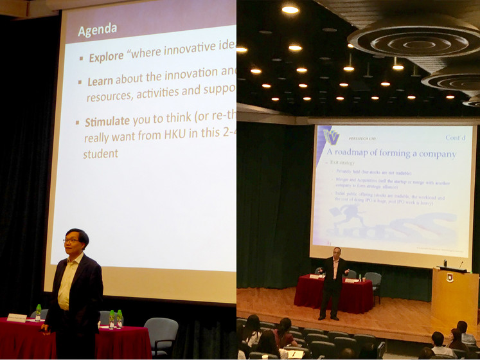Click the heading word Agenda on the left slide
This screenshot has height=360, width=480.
coord(98,30)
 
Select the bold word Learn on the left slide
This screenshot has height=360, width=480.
coord(100,82)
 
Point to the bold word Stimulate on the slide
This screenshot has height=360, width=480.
coord(107,121)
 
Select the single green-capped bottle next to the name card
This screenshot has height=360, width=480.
coord(38,312)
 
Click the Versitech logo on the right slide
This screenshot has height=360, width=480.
coord(332,137)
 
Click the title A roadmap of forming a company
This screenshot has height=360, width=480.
coord(391,154)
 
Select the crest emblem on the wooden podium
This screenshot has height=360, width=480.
coord(450,278)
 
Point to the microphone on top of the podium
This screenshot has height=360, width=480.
coord(460,264)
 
